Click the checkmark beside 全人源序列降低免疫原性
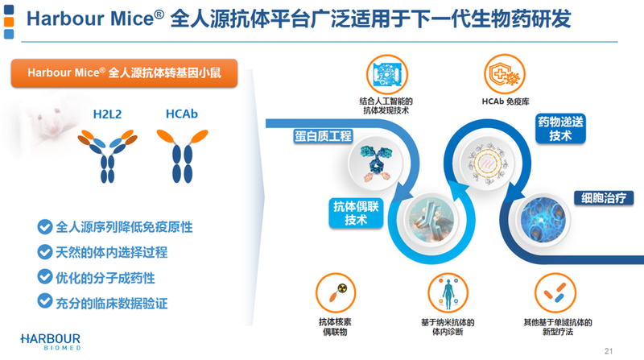[x=43, y=227]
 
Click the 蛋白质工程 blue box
[x=323, y=136]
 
